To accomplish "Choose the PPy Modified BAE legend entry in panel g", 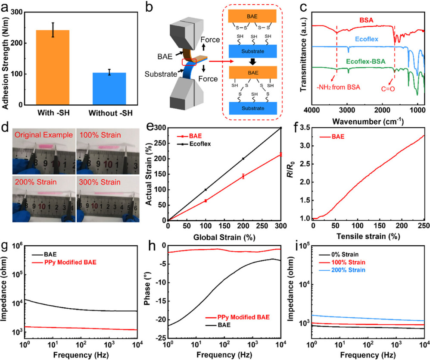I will [x=69, y=261].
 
